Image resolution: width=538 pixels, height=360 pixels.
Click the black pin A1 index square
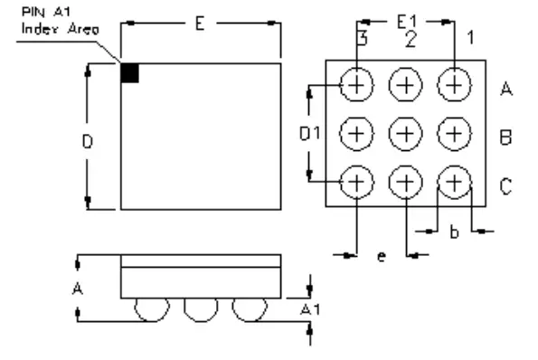tap(129, 73)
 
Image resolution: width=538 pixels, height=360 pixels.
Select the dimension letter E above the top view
tap(201, 24)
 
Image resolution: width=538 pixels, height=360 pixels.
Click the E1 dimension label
tap(409, 19)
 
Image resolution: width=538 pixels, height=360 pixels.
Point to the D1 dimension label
tap(311, 133)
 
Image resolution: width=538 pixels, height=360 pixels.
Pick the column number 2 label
tap(410, 39)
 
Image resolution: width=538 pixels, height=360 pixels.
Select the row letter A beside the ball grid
tap(506, 89)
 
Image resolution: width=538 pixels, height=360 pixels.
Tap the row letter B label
tap(506, 137)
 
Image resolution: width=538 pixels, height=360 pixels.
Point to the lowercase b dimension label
tap(454, 232)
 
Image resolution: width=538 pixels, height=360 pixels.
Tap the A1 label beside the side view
tap(311, 309)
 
